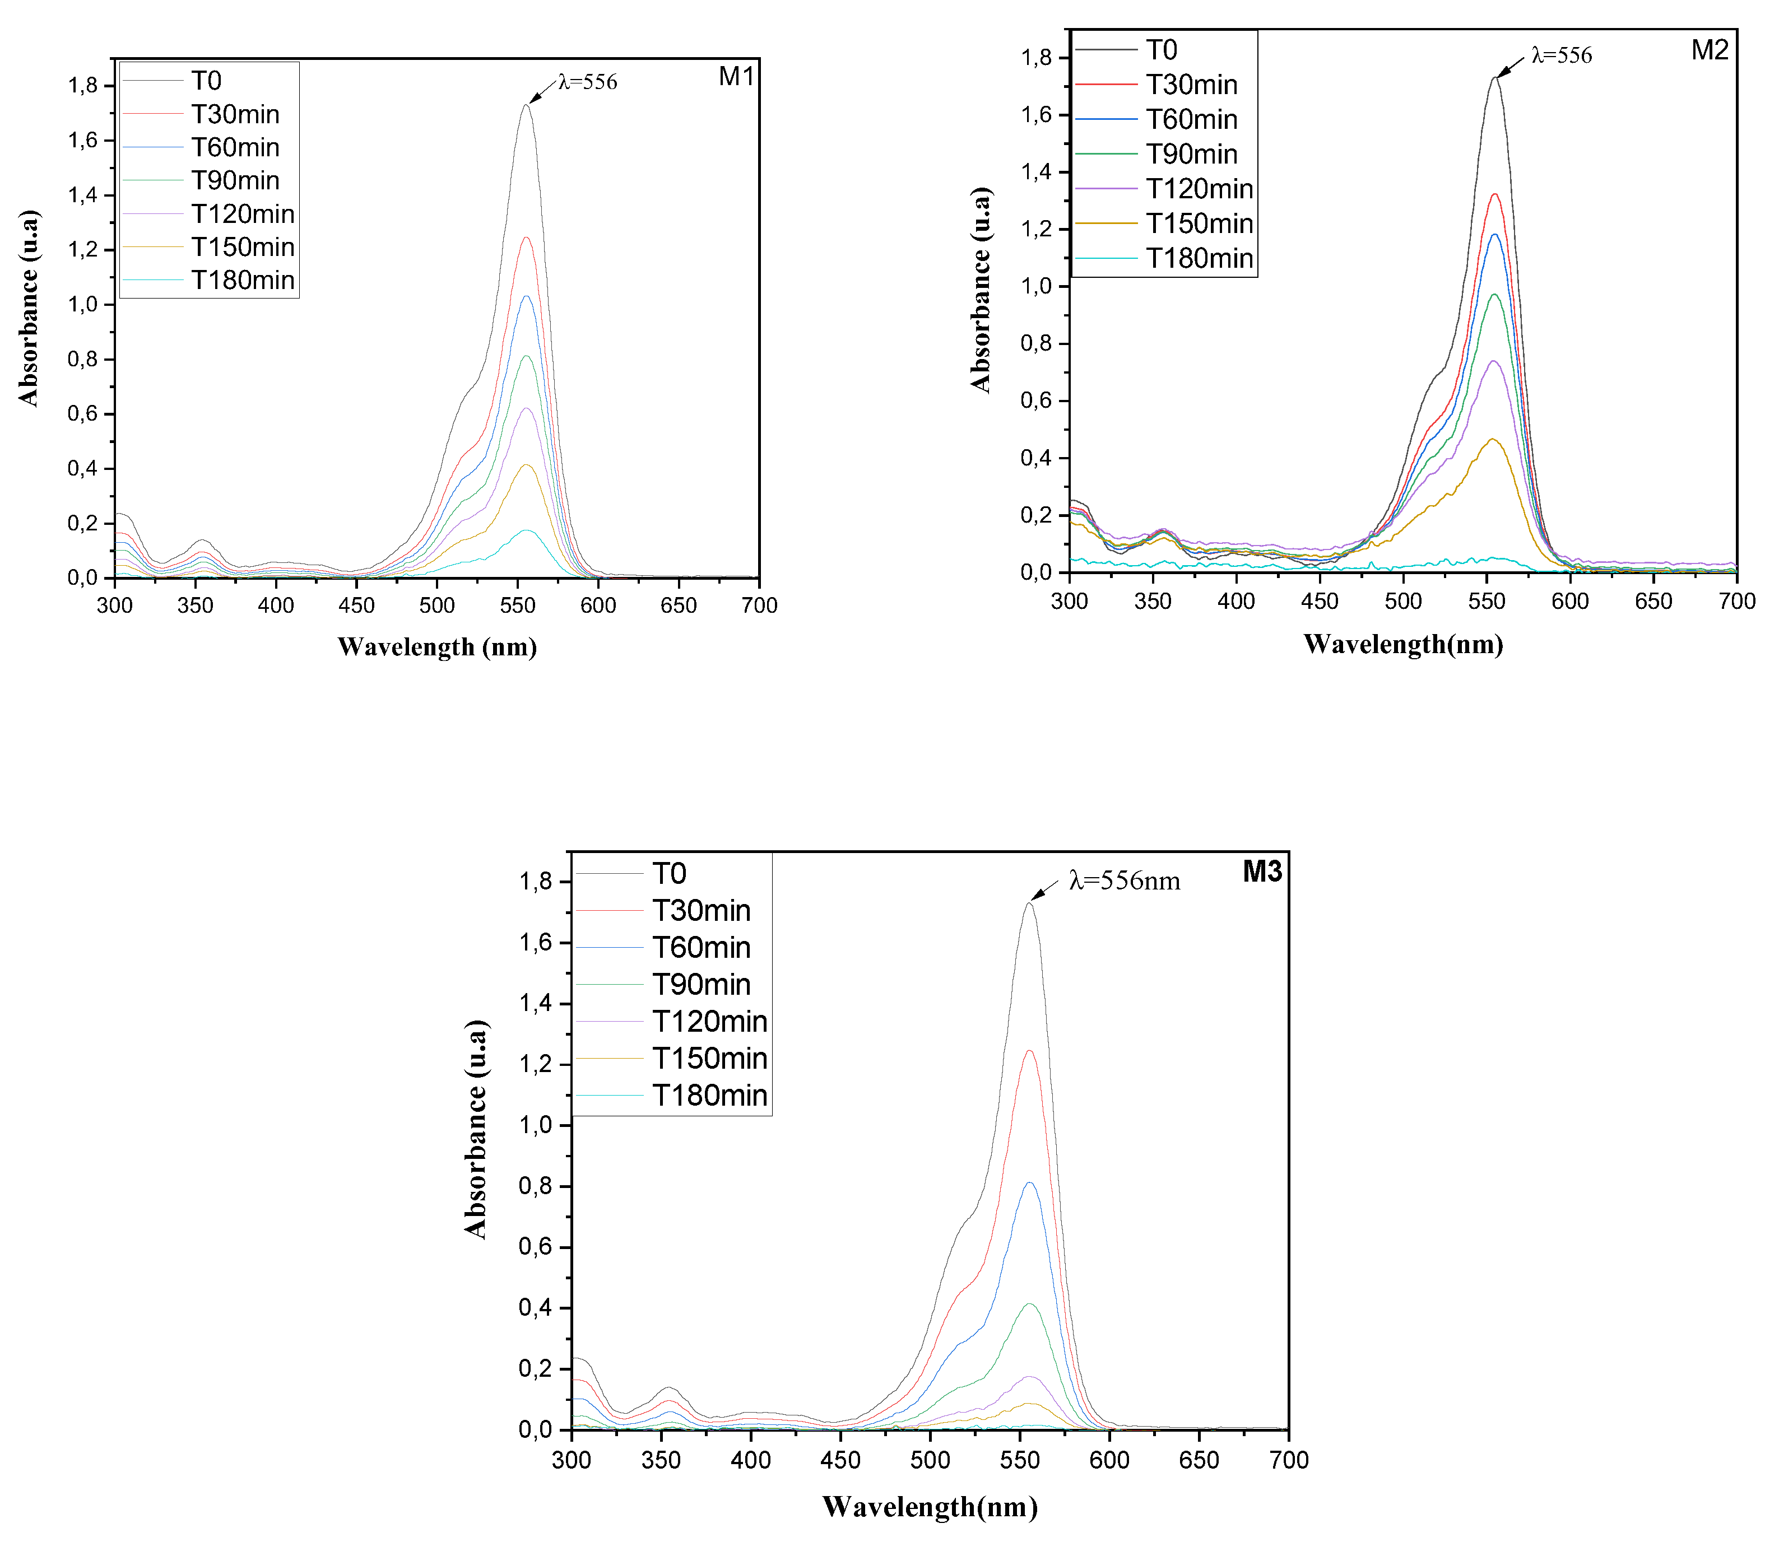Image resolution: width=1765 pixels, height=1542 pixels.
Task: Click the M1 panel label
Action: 736,77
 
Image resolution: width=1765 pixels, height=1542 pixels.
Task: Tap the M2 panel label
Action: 1709,50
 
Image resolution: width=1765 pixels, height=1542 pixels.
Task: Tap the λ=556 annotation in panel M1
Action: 588,82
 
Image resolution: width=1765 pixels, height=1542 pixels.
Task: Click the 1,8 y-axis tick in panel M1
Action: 83,86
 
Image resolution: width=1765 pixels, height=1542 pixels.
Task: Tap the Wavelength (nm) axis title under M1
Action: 438,647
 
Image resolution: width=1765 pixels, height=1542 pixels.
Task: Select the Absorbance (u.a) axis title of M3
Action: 476,1130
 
